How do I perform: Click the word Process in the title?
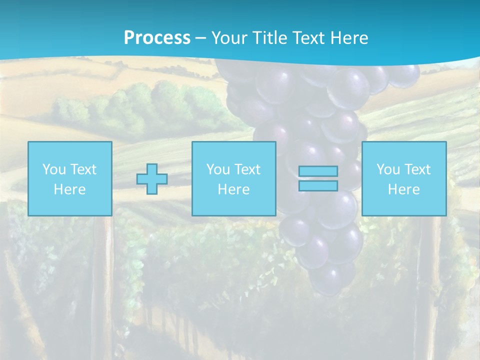pos(157,38)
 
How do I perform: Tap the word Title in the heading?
pos(269,38)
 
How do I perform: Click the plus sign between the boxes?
pos(152,179)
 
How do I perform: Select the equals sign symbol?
pos(318,178)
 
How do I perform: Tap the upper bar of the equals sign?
pos(318,171)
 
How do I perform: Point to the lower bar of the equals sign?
pos(318,185)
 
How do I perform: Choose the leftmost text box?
pos(70,178)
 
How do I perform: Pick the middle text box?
pos(233,178)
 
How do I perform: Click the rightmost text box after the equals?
pos(403,178)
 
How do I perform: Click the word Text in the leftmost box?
pos(83,169)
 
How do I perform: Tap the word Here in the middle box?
pos(233,189)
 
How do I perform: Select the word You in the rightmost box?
pos(388,169)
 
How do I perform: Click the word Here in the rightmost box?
pos(403,189)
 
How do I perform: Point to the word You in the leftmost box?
pos(54,169)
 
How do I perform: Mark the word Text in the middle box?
pos(247,169)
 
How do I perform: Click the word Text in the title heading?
pos(307,38)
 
